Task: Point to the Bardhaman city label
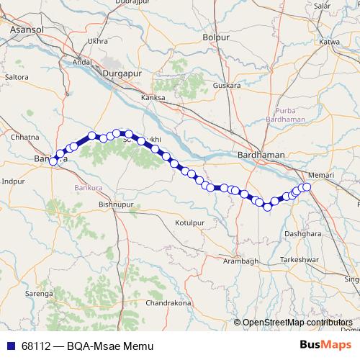click(261, 155)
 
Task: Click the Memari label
click(318, 175)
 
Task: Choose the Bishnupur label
click(115, 205)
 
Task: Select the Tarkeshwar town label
click(300, 258)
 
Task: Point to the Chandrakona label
click(168, 303)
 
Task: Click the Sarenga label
click(40, 294)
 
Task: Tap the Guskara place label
click(227, 84)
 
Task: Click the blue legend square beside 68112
click(9, 346)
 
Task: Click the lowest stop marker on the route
click(267, 207)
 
